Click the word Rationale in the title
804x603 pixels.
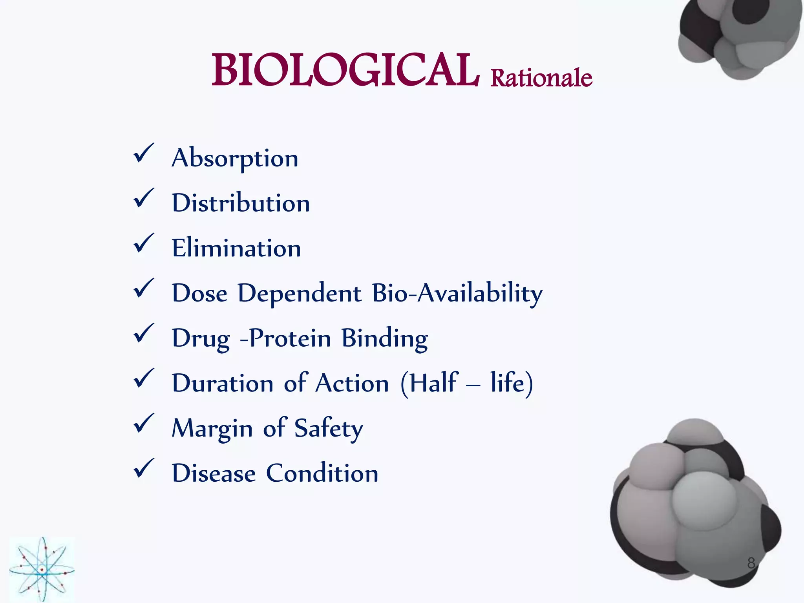coord(541,78)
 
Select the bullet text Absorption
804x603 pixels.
coord(235,158)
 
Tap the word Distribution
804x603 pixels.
coord(241,203)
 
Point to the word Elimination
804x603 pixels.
coord(236,249)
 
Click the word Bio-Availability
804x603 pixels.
coord(457,294)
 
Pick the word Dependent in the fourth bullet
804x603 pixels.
coord(300,294)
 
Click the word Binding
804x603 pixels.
coord(384,338)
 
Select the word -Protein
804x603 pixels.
coord(285,338)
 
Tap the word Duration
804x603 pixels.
coord(223,384)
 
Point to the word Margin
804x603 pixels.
coord(212,429)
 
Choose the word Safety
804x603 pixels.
coord(329,429)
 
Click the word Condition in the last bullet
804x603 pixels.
coord(322,473)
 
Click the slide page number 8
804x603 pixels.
coord(751,563)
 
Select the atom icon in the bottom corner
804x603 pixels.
coord(42,569)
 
